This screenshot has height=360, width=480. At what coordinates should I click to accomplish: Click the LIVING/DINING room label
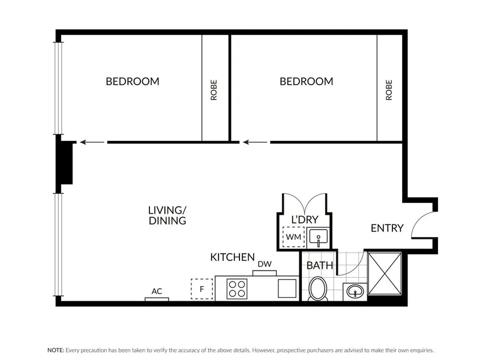(167, 215)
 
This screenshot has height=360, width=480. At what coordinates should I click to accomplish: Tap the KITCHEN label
(232, 257)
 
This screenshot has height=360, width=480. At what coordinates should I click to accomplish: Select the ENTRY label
(387, 228)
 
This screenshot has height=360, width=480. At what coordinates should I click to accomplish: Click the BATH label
(320, 265)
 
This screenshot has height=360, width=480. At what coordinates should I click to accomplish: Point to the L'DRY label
(305, 220)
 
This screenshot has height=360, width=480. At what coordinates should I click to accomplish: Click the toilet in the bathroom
(318, 289)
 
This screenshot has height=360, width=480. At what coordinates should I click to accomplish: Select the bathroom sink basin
(355, 291)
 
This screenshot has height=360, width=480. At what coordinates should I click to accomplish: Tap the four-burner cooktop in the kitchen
(237, 289)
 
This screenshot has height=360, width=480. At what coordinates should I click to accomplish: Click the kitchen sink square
(287, 289)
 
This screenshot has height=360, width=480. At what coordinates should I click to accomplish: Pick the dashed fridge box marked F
(202, 289)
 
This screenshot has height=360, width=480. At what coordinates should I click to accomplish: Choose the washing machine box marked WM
(293, 237)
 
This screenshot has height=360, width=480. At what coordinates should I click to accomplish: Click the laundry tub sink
(319, 237)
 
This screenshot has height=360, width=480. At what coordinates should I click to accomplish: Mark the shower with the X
(385, 274)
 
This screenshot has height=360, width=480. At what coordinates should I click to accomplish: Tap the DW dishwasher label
(265, 264)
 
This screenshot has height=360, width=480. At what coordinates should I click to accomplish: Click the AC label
(157, 291)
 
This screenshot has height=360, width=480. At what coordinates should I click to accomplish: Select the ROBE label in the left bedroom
(214, 90)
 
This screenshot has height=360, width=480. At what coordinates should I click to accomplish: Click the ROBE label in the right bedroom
(389, 90)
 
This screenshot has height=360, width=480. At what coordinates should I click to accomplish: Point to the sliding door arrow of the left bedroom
(92, 142)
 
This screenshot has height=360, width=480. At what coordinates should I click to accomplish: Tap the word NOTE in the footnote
(56, 350)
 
